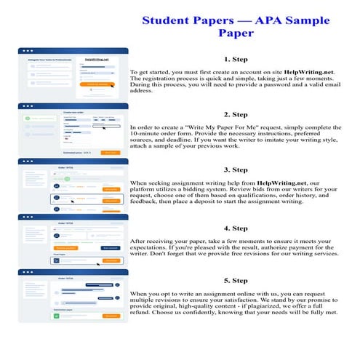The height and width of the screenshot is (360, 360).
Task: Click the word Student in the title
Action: [167, 20]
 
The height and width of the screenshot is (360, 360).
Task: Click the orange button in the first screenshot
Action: [97, 84]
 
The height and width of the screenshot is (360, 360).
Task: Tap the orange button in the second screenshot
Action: [110, 152]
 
